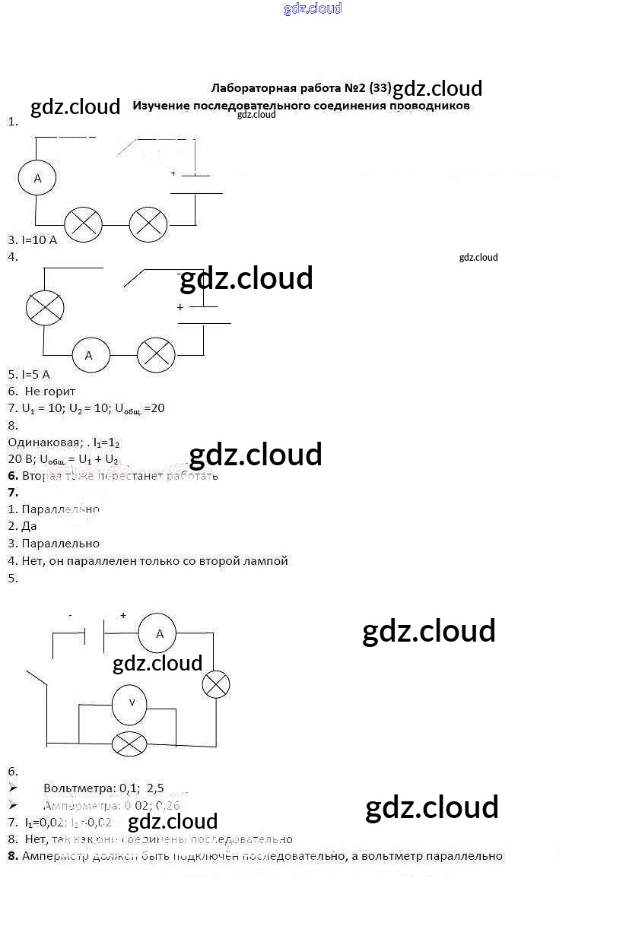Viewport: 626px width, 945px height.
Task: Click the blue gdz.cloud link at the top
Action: point(313,8)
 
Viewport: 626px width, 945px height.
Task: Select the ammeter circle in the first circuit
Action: point(37,179)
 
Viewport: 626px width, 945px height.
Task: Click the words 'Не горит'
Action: point(50,392)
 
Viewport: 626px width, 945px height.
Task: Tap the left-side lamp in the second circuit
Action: point(45,308)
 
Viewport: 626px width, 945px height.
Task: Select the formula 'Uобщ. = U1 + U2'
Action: point(78,459)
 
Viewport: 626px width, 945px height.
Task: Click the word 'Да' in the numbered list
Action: point(30,526)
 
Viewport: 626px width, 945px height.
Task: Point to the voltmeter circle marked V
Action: point(130,703)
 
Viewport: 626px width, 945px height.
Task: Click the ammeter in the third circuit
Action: point(157,633)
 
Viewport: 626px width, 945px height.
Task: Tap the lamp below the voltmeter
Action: point(129,743)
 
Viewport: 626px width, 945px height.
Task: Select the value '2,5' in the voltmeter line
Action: point(155,788)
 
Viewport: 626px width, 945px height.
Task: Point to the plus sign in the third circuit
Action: point(123,615)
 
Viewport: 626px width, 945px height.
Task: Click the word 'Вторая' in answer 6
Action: point(42,476)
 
